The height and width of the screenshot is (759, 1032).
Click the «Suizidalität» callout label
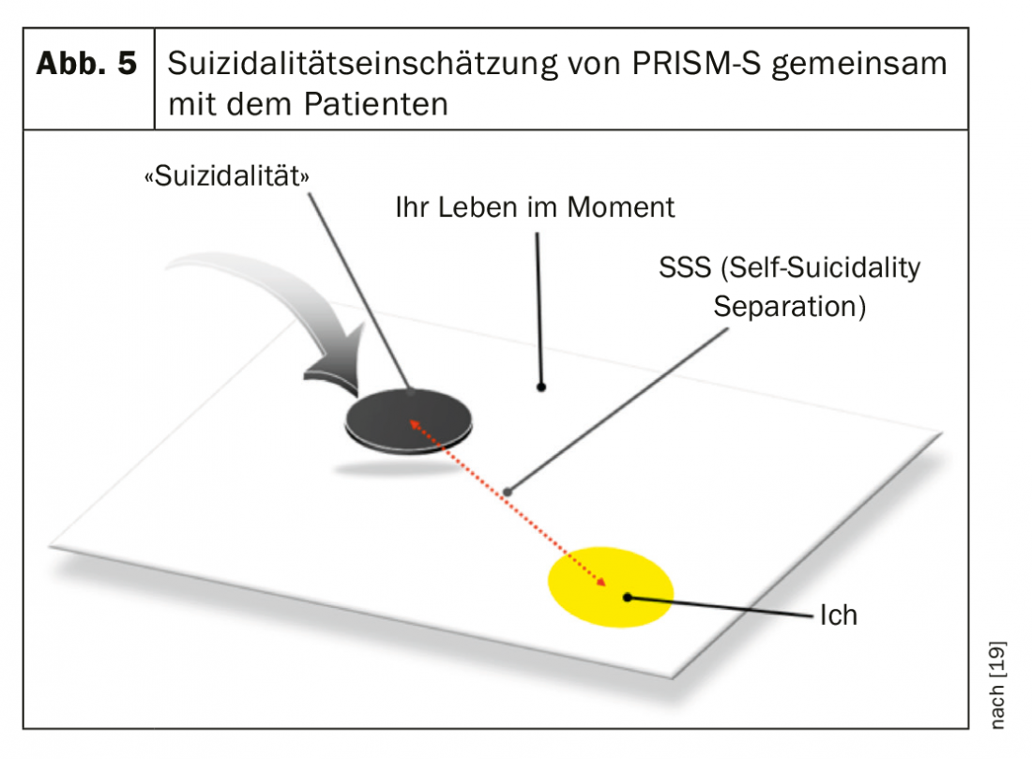tap(225, 175)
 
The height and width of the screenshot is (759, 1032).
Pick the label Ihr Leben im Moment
tap(535, 206)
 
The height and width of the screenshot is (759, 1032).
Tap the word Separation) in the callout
tap(789, 306)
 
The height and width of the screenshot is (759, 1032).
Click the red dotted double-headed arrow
tap(507, 507)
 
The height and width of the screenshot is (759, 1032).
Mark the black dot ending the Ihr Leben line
tap(541, 386)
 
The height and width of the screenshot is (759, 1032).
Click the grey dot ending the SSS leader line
tap(508, 490)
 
